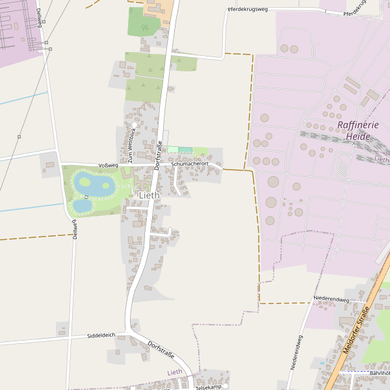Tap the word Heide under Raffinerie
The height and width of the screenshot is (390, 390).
358,136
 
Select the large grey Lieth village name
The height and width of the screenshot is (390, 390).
149,195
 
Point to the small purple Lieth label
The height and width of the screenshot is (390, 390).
175,372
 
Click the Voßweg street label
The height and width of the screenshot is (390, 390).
108,166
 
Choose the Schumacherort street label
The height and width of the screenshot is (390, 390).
190,164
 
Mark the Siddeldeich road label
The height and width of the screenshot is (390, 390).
101,335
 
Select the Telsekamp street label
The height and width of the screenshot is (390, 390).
209,387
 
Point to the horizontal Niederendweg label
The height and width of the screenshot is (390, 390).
331,300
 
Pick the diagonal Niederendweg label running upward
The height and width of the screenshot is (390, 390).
296,352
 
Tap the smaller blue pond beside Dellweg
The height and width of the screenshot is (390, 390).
82,205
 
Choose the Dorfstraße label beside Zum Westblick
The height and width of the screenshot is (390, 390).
159,155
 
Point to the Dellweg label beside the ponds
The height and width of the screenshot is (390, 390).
75,229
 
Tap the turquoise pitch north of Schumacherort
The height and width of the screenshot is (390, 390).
185,150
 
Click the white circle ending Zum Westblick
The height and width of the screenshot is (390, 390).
135,124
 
